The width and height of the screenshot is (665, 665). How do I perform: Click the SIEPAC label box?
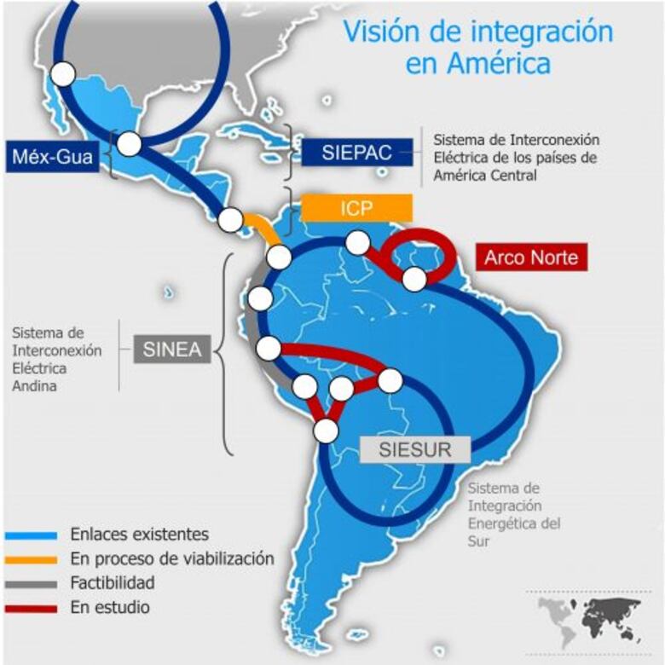(356, 153)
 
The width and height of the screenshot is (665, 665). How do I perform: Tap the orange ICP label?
(356, 208)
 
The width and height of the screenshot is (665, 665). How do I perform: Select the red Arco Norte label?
(531, 257)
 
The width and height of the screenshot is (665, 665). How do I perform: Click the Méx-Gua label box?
(52, 157)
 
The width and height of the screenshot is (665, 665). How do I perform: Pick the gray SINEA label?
(172, 349)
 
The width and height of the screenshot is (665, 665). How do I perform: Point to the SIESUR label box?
(415, 449)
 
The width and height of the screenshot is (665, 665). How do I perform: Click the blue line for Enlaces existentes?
(31, 535)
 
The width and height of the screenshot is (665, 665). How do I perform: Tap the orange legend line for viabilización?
(31, 560)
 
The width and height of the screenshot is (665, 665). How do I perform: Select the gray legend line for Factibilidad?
(31, 584)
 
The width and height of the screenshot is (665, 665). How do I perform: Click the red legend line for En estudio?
(31, 609)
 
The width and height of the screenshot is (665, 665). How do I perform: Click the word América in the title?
(499, 64)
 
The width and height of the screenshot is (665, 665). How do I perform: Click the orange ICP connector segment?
(263, 228)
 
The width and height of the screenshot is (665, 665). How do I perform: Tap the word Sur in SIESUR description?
(478, 541)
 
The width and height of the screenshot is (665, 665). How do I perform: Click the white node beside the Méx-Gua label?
(129, 145)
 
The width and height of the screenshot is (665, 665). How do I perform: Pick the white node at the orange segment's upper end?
(230, 220)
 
